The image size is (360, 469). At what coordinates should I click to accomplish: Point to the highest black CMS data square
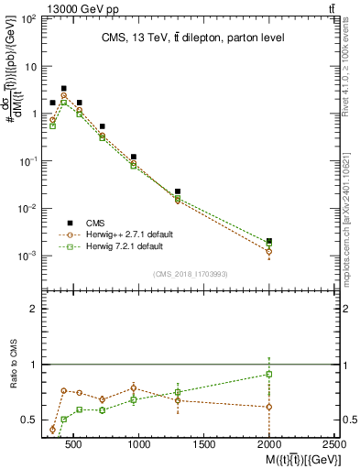[x=63, y=89]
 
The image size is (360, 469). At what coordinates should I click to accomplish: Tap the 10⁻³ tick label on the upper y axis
[x=29, y=256]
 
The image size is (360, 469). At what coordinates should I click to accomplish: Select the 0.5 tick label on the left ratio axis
[x=29, y=420]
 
